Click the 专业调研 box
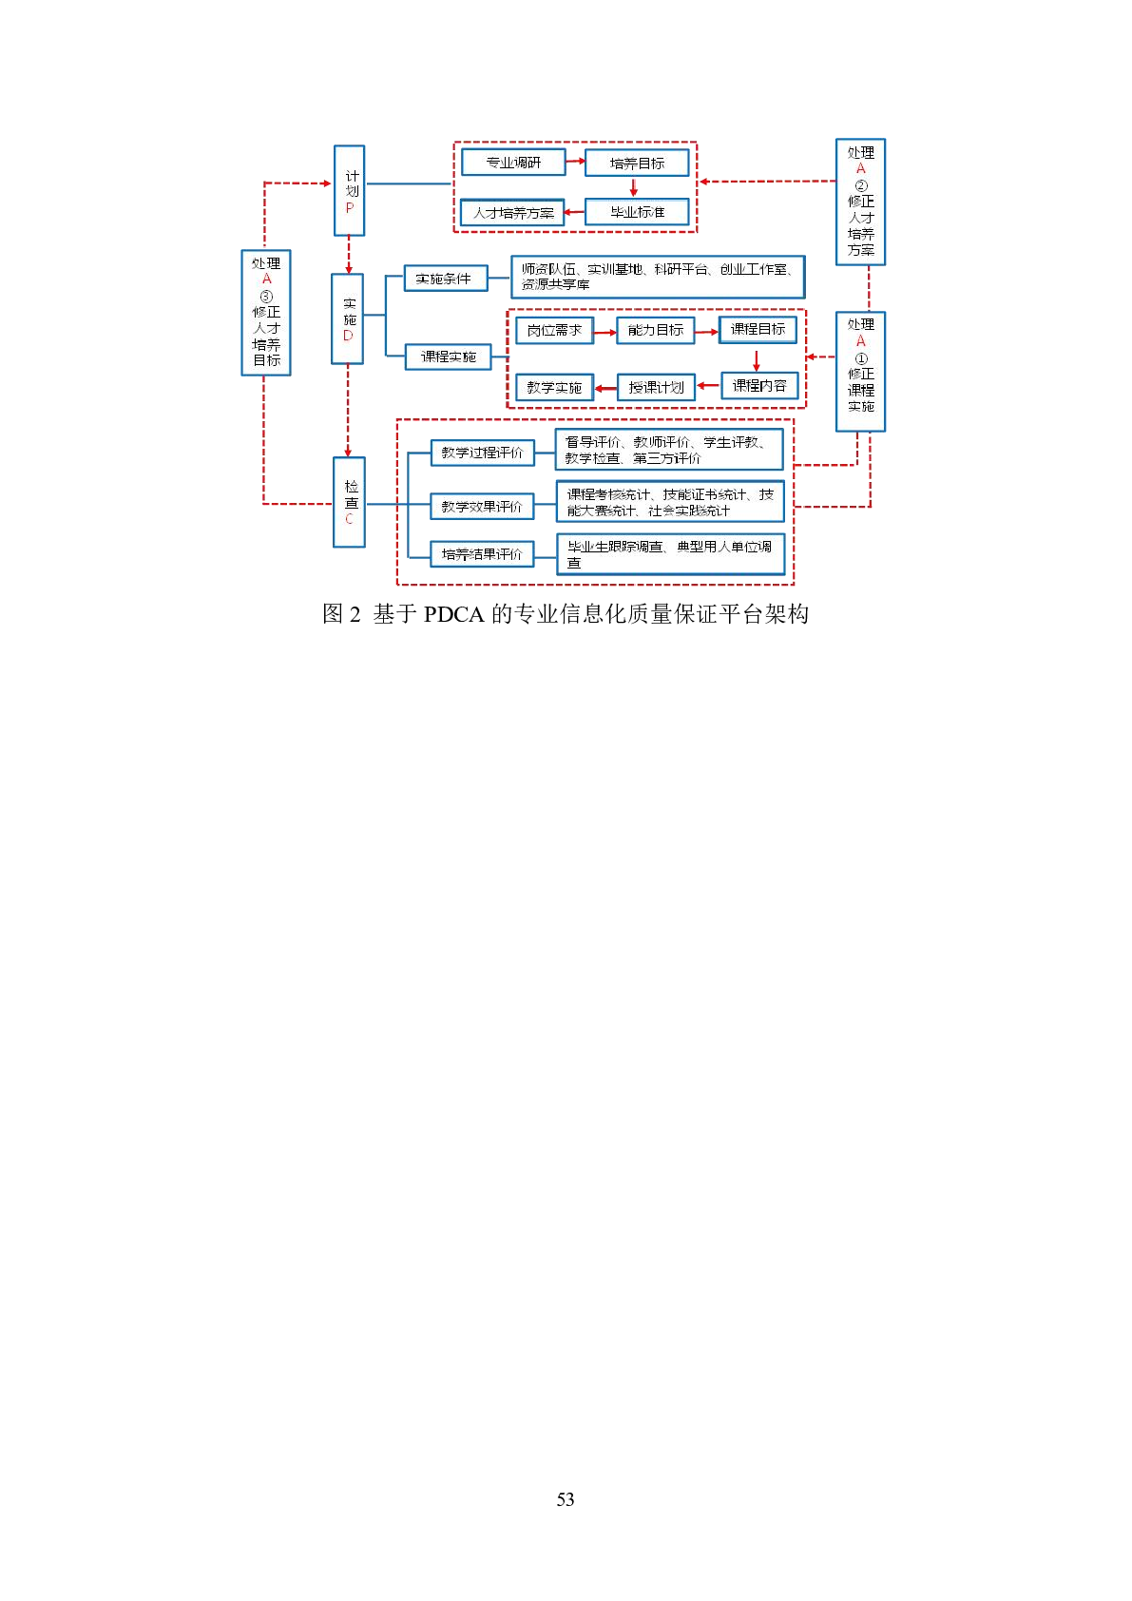pyautogui.click(x=513, y=163)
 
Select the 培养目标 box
pyautogui.click(x=637, y=164)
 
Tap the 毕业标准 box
pyautogui.click(x=637, y=212)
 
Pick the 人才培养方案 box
pyautogui.click(x=513, y=213)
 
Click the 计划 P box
pyautogui.click(x=350, y=191)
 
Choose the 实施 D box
pyautogui.click(x=348, y=319)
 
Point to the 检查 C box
pyautogui.click(x=350, y=502)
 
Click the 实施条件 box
pyautogui.click(x=445, y=279)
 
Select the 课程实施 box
pyautogui.click(x=449, y=357)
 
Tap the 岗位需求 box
pyautogui.click(x=554, y=330)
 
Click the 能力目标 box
pyautogui.click(x=656, y=330)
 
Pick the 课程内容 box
pyautogui.click(x=759, y=386)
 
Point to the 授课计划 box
pyautogui.click(x=657, y=387)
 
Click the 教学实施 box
pyautogui.click(x=554, y=387)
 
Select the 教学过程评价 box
pyautogui.click(x=482, y=453)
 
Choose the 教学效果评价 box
pyautogui.click(x=482, y=507)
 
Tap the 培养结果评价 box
pyautogui.click(x=482, y=553)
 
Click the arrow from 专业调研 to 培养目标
pyautogui.click(x=576, y=162)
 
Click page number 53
pyautogui.click(x=566, y=1499)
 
